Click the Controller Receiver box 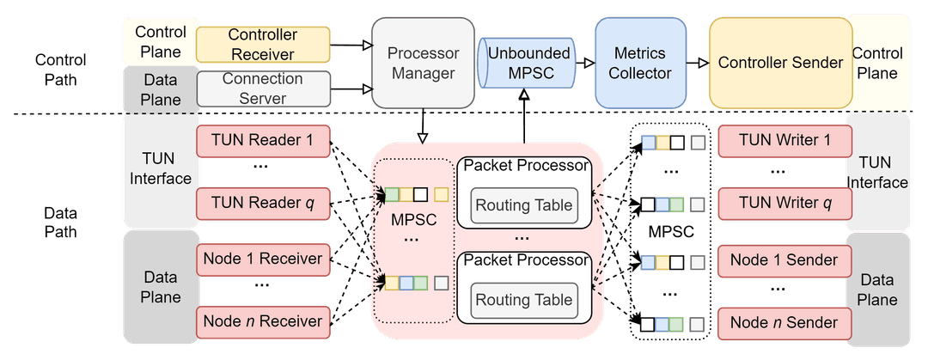click(x=263, y=45)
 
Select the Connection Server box click(x=263, y=88)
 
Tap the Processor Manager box click(x=423, y=63)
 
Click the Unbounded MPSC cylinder click(x=528, y=63)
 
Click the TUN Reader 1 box click(x=263, y=140)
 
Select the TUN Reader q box click(x=263, y=204)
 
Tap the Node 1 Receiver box click(x=263, y=259)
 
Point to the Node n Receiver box click(x=263, y=322)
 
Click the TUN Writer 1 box click(x=785, y=140)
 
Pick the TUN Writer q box click(x=785, y=204)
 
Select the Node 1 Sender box click(x=785, y=259)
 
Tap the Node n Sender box click(x=785, y=322)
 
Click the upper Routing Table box click(x=524, y=205)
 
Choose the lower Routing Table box click(x=524, y=300)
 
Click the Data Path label click(x=60, y=221)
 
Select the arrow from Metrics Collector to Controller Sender click(x=694, y=63)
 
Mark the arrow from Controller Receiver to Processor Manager click(x=351, y=45)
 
